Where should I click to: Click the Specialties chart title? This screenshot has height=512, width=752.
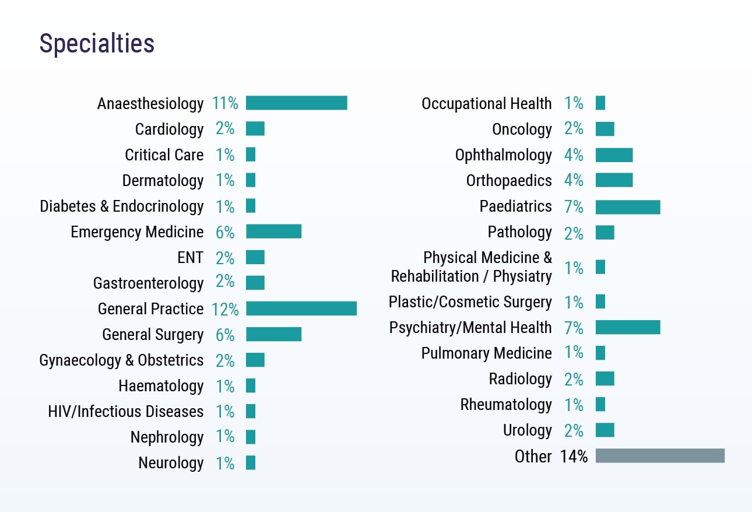point(97,44)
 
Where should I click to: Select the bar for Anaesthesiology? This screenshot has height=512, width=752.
point(296,103)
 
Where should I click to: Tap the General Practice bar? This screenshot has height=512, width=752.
point(301,308)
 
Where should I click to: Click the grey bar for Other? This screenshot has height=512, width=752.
point(660,456)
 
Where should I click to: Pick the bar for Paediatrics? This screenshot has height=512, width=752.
point(628,207)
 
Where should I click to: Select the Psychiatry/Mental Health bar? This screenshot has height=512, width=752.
point(628,328)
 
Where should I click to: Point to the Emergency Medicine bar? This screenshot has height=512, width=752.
point(273,232)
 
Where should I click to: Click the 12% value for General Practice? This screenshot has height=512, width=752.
point(225,309)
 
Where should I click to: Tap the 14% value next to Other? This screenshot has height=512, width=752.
point(574,457)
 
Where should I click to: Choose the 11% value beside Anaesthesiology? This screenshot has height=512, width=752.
point(225,104)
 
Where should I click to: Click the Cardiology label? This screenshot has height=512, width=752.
point(169,129)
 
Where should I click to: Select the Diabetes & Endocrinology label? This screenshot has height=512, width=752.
point(122,206)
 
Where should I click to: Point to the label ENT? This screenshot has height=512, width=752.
point(190,258)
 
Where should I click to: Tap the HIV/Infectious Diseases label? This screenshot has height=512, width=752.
point(126,412)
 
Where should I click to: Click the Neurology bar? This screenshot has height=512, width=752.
point(251,463)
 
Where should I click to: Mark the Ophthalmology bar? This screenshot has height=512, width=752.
point(614,155)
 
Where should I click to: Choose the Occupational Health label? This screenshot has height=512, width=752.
point(486,104)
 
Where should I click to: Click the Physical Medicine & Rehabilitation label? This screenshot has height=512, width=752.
point(471,267)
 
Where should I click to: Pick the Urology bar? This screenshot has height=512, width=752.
point(605,430)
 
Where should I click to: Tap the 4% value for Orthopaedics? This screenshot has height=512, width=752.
point(574,181)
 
